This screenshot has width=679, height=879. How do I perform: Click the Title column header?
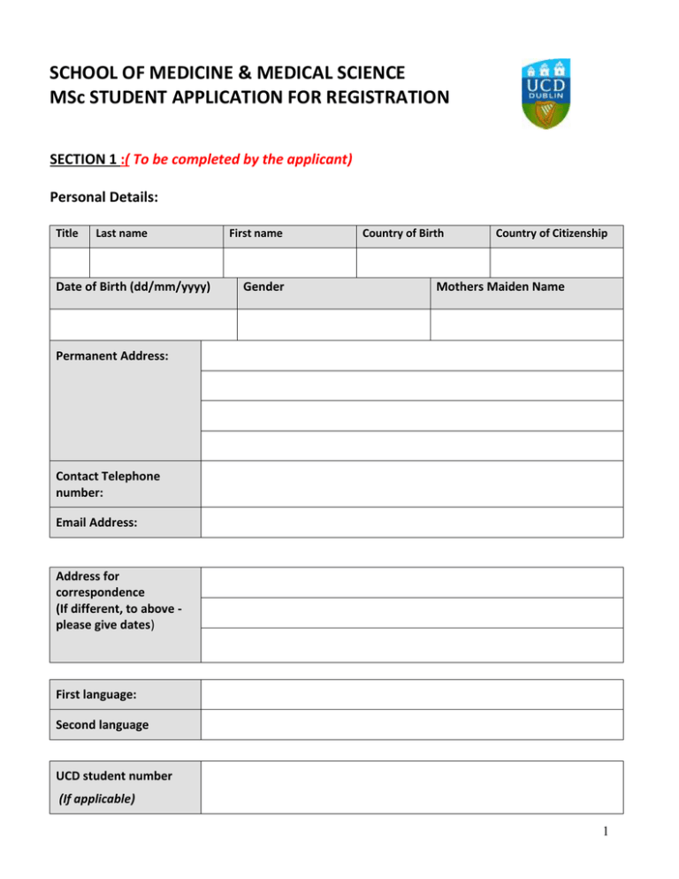[x=66, y=233]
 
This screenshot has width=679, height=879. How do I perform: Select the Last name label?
[x=121, y=233]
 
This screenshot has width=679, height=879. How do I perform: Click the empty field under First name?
[x=289, y=263]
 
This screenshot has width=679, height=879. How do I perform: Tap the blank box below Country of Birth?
[x=423, y=263]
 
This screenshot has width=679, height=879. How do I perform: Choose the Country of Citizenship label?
[x=552, y=233]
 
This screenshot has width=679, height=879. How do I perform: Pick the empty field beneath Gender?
[x=333, y=324]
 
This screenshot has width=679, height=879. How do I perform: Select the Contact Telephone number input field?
[x=412, y=483]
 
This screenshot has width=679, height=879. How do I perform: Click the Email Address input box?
[x=412, y=522]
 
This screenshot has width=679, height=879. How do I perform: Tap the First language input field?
[x=412, y=694]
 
